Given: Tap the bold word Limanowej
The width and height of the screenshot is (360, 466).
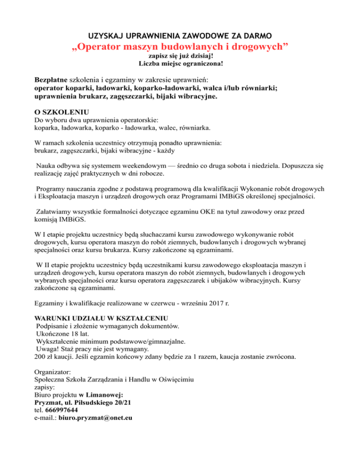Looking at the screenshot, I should [x=100, y=394].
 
